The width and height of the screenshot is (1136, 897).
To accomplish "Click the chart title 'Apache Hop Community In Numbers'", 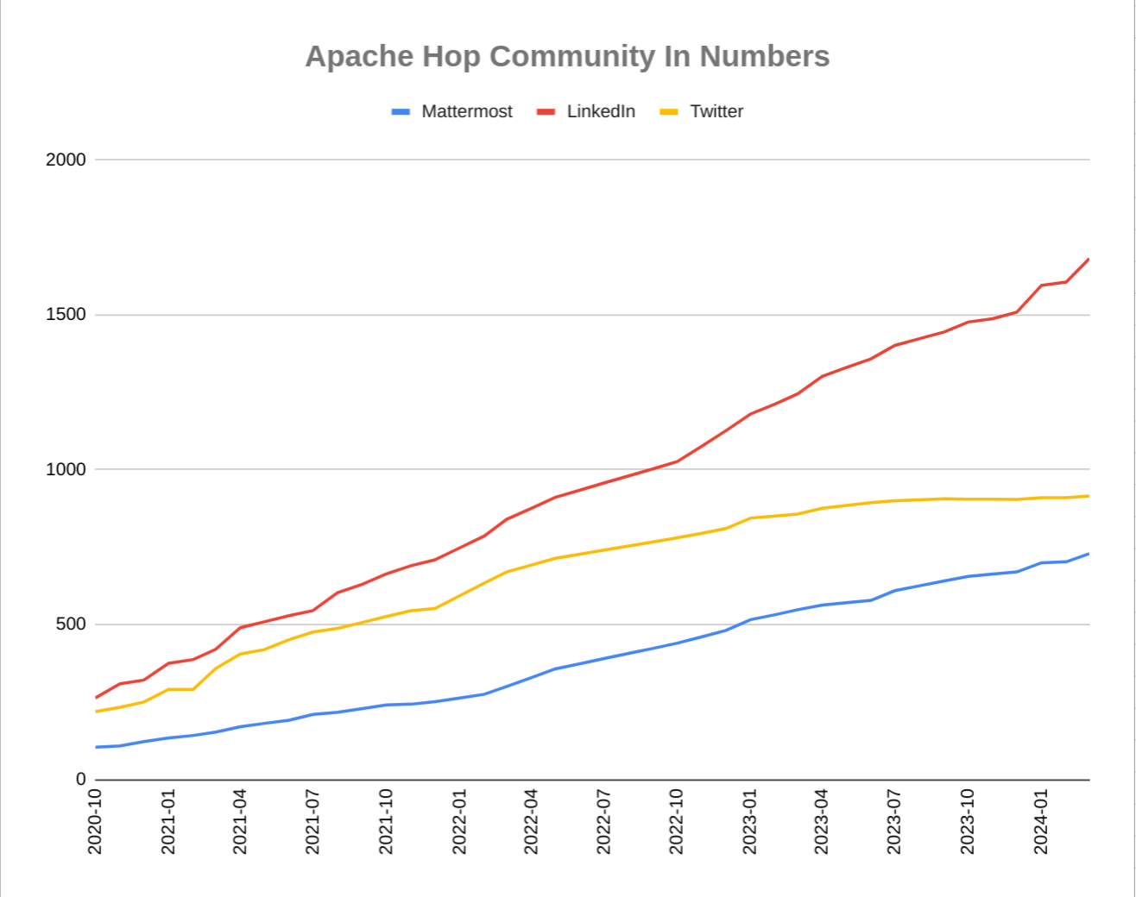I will [x=567, y=56].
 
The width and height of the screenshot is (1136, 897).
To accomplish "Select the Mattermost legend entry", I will [x=466, y=111].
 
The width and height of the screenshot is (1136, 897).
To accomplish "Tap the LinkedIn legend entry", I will [x=601, y=111].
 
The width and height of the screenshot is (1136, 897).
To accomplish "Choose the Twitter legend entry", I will [x=716, y=111].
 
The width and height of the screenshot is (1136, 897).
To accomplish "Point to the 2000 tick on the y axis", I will [x=66, y=160].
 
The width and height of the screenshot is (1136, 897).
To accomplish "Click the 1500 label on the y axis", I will [x=66, y=315].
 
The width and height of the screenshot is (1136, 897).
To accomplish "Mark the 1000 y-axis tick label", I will [x=66, y=469].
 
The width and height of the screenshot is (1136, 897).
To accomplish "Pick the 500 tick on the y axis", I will [x=71, y=624].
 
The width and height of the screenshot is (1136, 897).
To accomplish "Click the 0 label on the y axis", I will [x=81, y=779].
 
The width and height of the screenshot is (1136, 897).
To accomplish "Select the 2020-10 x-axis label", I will [x=95, y=821].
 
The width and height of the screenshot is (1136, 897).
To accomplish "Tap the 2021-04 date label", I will [x=240, y=821].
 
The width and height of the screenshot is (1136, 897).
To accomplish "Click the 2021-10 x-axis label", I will [x=386, y=821].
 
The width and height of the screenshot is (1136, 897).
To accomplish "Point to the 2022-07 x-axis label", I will [x=603, y=821].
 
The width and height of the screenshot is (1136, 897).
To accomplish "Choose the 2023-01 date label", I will [x=749, y=821].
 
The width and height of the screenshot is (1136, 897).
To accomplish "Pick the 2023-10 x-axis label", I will [x=967, y=821].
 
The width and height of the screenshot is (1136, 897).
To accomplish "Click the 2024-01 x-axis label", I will [x=1040, y=821].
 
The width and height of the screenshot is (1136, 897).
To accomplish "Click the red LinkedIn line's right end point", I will [x=1089, y=259].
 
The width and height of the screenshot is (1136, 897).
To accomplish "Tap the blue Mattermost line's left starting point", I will [x=96, y=747].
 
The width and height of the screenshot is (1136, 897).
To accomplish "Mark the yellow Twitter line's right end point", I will [x=1089, y=496].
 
